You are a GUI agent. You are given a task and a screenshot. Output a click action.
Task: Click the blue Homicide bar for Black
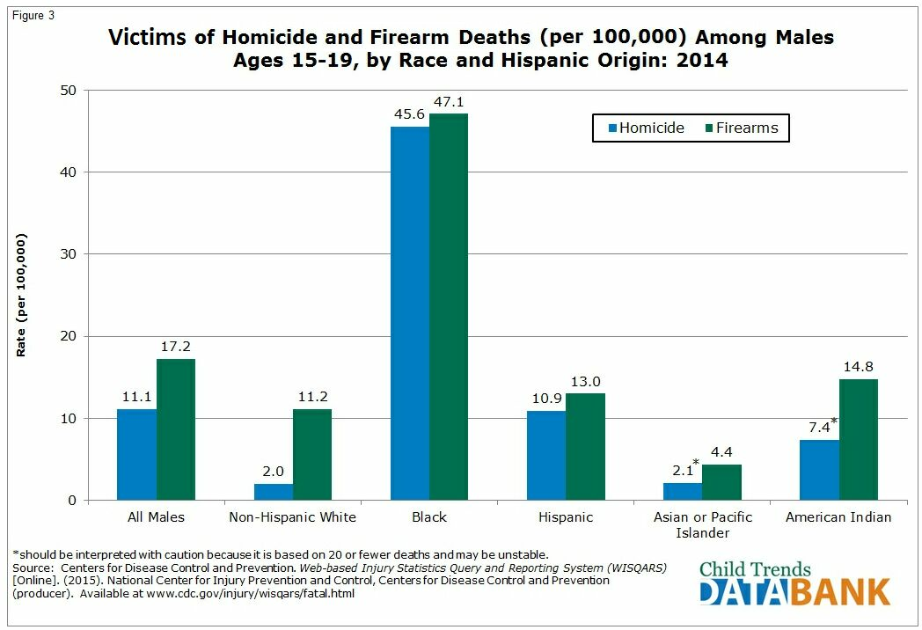[x=410, y=313]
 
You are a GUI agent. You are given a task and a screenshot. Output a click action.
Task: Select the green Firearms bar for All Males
[x=176, y=429]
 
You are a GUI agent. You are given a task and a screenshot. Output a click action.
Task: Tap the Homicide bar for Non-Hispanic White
[x=274, y=492]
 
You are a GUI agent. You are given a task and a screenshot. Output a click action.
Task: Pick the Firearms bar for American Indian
[x=859, y=439]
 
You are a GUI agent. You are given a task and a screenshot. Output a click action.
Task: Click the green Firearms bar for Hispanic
[x=585, y=446]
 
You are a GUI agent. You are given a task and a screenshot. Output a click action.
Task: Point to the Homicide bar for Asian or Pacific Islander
[x=683, y=491]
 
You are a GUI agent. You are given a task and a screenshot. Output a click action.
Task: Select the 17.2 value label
[x=176, y=347]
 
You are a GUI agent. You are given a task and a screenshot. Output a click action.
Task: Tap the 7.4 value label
[x=819, y=428]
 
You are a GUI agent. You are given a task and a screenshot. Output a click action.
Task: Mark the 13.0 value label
[x=585, y=381]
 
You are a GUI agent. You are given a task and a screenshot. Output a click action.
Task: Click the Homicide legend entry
[x=645, y=128]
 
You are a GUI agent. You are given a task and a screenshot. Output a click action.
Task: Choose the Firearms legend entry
[x=741, y=128]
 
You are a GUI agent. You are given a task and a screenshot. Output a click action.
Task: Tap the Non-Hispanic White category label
[x=293, y=517]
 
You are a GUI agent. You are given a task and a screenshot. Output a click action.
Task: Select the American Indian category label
[x=838, y=517]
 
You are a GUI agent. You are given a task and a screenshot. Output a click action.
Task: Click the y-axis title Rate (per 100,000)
[x=21, y=295]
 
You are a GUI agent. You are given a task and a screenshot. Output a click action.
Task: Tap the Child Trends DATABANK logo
[x=794, y=582]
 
